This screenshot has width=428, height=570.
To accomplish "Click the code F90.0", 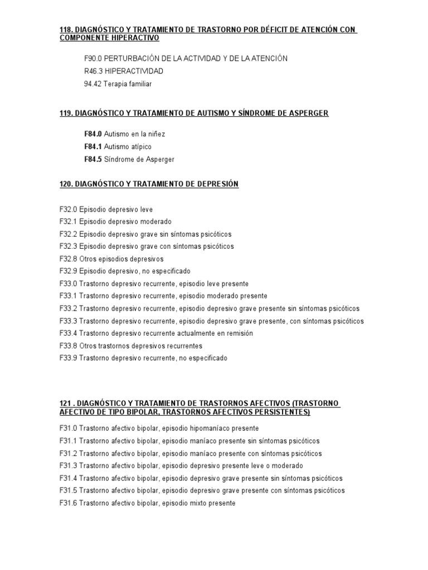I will [x=93, y=58].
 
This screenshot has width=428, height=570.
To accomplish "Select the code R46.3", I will [x=93, y=71].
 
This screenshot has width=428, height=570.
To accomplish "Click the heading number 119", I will [x=67, y=114].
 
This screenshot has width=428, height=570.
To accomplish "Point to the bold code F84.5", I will [x=93, y=159].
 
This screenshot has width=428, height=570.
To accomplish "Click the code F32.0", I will [x=68, y=210].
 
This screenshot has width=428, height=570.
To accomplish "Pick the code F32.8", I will [x=68, y=259].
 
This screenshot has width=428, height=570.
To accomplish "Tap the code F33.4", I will [x=68, y=333].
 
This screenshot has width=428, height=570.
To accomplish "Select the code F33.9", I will [x=68, y=358].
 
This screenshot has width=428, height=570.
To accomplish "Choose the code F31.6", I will [x=68, y=503].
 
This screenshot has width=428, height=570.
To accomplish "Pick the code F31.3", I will [x=68, y=466].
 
